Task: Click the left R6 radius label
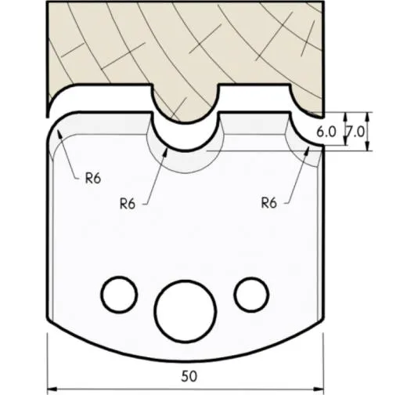(x=93, y=178)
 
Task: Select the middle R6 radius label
(x=128, y=203)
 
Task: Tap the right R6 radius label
(x=270, y=203)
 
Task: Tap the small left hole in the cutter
(x=117, y=293)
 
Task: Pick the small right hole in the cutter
(x=250, y=293)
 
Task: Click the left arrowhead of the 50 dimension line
(x=52, y=387)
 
